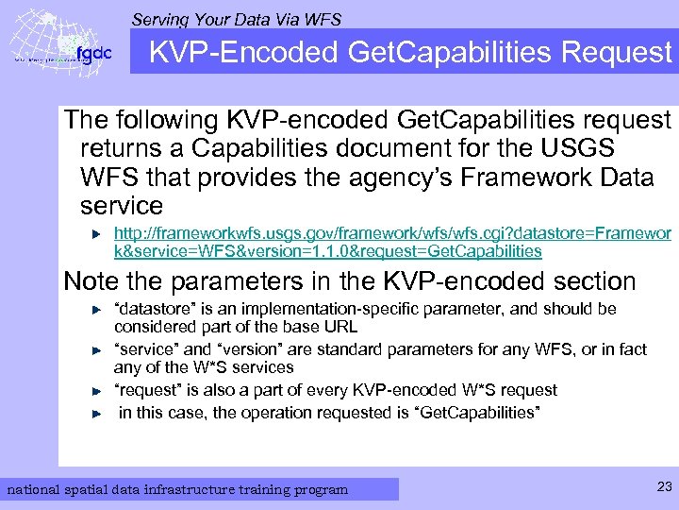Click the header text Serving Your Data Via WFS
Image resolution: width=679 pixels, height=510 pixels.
236,19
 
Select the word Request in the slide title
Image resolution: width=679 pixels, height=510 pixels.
616,53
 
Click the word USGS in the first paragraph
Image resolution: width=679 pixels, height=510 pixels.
576,148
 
